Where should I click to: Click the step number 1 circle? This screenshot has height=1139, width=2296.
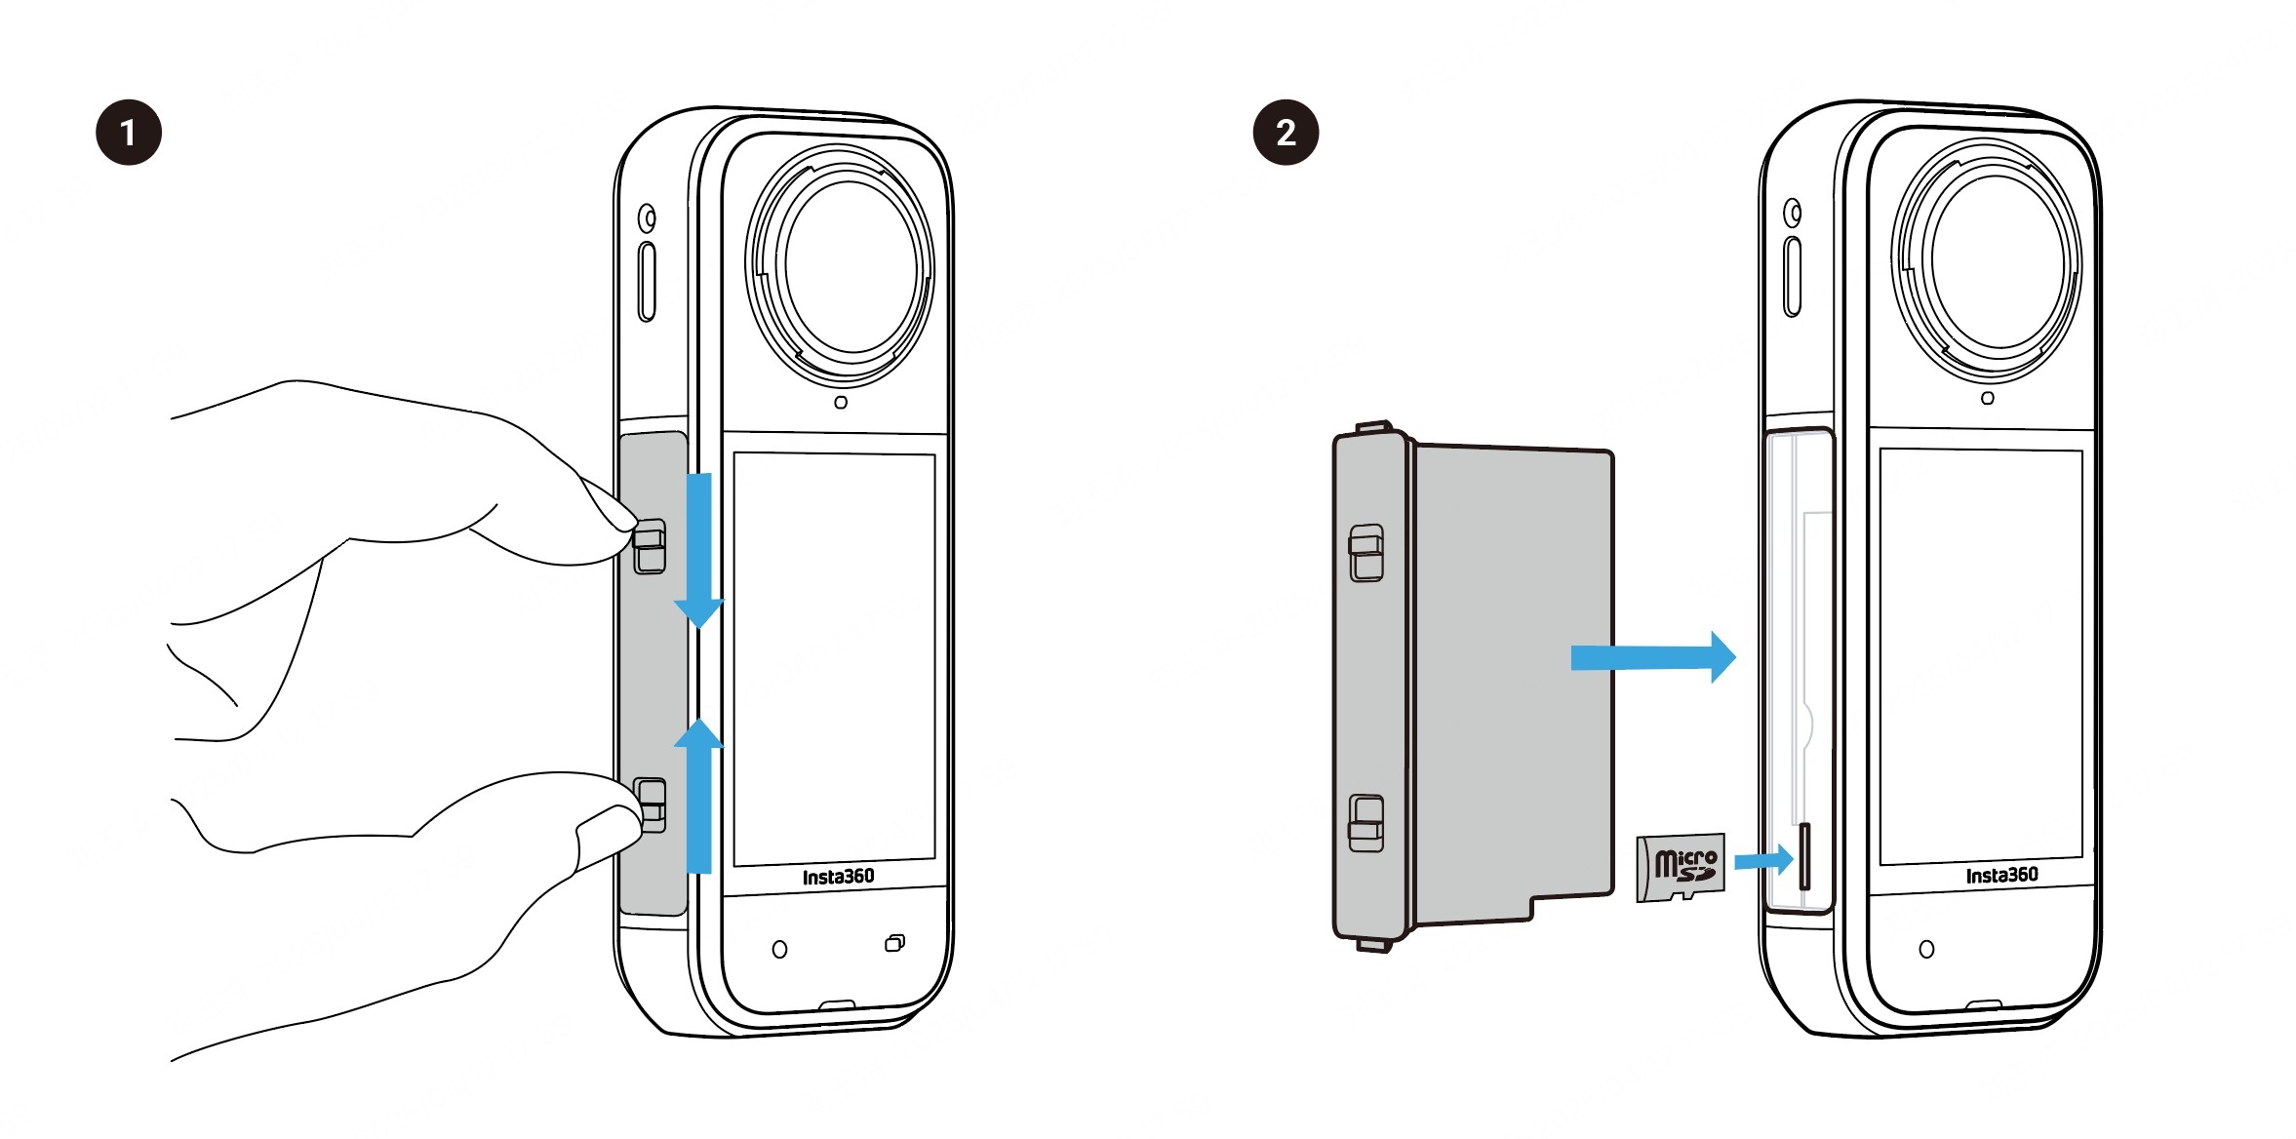[x=129, y=133]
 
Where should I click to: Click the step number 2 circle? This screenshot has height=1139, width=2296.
[x=1286, y=133]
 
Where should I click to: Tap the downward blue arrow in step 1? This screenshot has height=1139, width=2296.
[x=698, y=551]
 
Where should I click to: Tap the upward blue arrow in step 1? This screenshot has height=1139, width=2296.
[x=698, y=796]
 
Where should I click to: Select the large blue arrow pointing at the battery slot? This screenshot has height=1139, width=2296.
[x=1653, y=657]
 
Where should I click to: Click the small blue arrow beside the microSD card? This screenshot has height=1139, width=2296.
[x=1763, y=860]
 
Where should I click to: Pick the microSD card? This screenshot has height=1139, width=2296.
[x=1681, y=867]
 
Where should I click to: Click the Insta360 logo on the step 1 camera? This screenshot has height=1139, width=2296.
[x=838, y=877]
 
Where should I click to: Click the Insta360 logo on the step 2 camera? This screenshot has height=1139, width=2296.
[x=2001, y=875]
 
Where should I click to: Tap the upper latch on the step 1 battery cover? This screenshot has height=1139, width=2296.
[x=650, y=546]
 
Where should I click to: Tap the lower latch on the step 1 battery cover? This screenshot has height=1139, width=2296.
[x=650, y=805]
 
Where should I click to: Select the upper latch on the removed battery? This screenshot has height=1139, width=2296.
[x=1366, y=553]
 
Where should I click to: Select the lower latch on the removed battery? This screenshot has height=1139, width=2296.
[x=1366, y=823]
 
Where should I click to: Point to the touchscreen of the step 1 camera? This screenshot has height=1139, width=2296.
[x=834, y=658]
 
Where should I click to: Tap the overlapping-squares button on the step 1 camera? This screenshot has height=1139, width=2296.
[x=894, y=943]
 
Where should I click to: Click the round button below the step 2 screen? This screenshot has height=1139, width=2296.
[x=1926, y=949]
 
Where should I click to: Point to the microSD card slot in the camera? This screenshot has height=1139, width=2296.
[x=1804, y=856]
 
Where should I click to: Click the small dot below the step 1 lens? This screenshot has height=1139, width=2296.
[x=841, y=402]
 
